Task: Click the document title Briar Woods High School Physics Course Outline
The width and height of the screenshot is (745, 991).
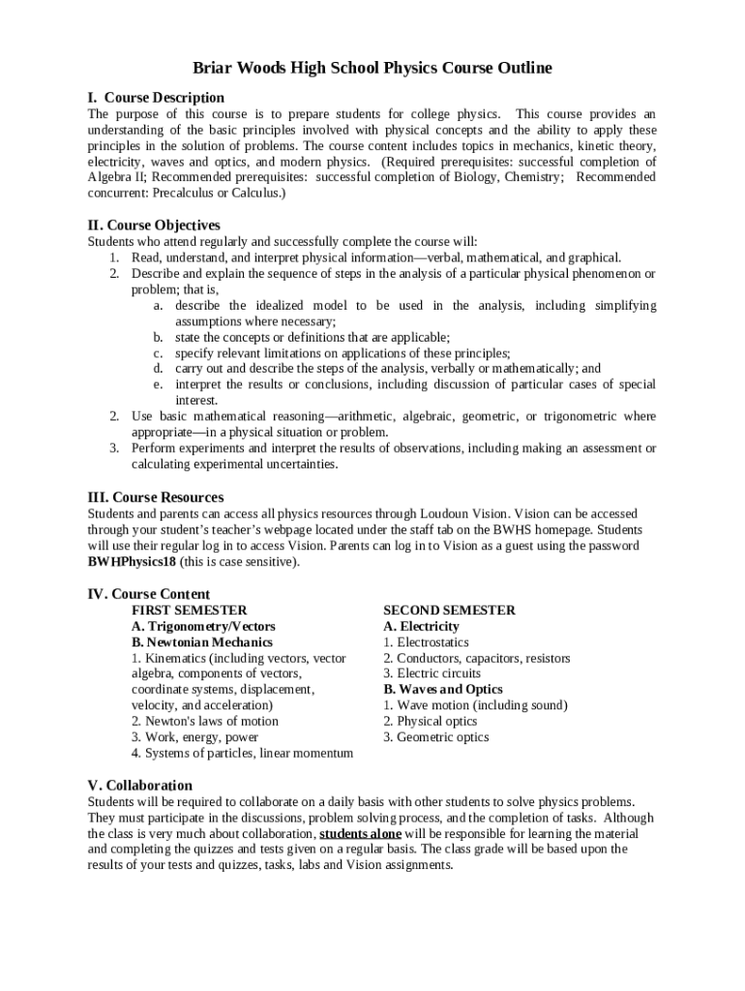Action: [372, 68]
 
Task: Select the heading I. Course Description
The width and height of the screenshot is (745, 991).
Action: [156, 98]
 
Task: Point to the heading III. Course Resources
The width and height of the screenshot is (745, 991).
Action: [156, 497]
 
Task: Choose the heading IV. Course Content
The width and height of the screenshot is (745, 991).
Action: [148, 593]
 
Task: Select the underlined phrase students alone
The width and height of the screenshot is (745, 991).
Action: [360, 833]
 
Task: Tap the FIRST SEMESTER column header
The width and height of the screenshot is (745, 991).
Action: [190, 610]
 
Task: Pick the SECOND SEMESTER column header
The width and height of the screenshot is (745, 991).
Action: [449, 610]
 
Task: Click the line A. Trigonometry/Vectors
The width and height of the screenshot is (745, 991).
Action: [203, 626]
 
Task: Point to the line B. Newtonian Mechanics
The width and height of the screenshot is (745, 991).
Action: [202, 642]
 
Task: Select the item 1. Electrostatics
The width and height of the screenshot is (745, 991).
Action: [426, 642]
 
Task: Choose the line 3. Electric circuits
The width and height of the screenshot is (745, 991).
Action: [432, 674]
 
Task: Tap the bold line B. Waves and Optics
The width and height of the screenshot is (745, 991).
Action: [443, 689]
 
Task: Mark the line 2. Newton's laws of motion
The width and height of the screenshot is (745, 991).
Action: [205, 721]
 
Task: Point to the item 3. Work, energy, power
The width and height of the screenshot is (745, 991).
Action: [194, 737]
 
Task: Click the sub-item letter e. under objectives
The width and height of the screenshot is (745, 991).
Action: [157, 384]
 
